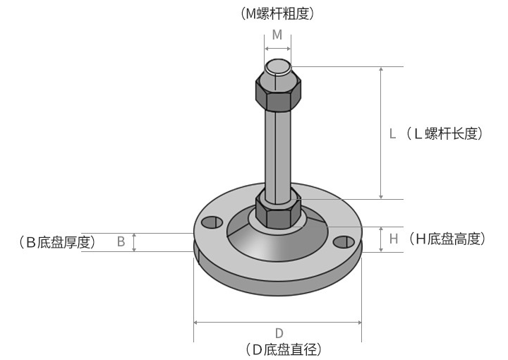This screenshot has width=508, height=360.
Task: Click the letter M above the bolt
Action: pyautogui.click(x=277, y=35)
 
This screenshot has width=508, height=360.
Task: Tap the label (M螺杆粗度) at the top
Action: pyautogui.click(x=277, y=13)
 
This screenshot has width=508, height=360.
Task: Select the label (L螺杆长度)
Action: pyautogui.click(x=444, y=133)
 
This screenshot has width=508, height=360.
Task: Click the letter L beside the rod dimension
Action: pyautogui.click(x=394, y=133)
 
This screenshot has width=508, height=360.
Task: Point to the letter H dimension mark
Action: pyautogui.click(x=394, y=239)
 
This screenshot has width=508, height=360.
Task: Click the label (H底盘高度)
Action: pyautogui.click(x=447, y=239)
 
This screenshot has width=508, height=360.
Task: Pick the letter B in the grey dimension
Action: pyautogui.click(x=121, y=242)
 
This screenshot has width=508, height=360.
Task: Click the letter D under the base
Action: pyautogui.click(x=279, y=333)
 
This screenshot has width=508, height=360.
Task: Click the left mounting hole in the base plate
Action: pyautogui.click(x=211, y=223)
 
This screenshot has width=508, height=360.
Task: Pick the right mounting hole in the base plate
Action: pyautogui.click(x=344, y=242)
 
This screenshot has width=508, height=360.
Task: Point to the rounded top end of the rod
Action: pyautogui.click(x=277, y=68)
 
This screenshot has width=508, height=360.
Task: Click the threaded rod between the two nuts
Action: pyautogui.click(x=277, y=148)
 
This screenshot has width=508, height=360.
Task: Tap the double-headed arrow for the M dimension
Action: pyautogui.click(x=277, y=48)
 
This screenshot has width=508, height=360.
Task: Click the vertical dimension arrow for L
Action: pyautogui.click(x=381, y=133)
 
